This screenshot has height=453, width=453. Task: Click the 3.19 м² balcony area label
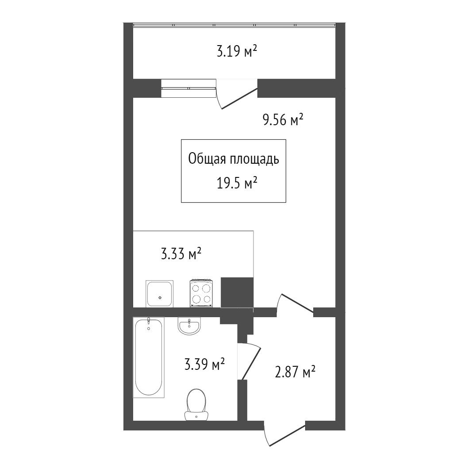pyautogui.click(x=237, y=52)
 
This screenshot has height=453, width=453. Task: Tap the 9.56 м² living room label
pyautogui.click(x=283, y=119)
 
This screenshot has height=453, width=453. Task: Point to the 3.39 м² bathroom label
pyautogui.click(x=204, y=365)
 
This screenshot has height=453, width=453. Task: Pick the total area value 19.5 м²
pyautogui.click(x=237, y=183)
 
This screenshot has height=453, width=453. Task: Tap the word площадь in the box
pyautogui.click(x=254, y=159)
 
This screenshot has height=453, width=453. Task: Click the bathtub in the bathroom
pyautogui.click(x=149, y=357)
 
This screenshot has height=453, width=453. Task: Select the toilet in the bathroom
pyautogui.click(x=196, y=404)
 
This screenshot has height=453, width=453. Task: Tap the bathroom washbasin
pyautogui.click(x=189, y=326)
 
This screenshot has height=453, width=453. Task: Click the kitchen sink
pyautogui.click(x=159, y=294)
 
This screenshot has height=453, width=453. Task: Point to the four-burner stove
pyautogui.click(x=201, y=293)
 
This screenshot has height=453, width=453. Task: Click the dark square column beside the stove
pyautogui.click(x=237, y=292)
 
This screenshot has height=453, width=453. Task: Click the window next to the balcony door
pyautogui.click(x=188, y=88)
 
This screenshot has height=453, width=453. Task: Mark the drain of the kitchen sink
pyautogui.click(x=160, y=297)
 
